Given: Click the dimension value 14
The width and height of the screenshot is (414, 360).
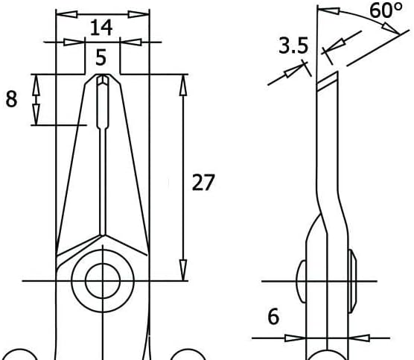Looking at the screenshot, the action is click(x=101, y=28).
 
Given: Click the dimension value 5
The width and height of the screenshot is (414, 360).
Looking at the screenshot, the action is click(x=101, y=57).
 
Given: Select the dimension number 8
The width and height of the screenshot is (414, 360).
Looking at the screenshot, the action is click(x=11, y=99).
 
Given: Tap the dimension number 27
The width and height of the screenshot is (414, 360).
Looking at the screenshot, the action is click(x=203, y=183).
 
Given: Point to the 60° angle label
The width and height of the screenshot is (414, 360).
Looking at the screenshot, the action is click(x=386, y=10).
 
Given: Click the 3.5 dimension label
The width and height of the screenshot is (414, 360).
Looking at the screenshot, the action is click(x=293, y=45).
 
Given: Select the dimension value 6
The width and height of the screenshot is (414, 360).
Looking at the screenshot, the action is click(x=273, y=316).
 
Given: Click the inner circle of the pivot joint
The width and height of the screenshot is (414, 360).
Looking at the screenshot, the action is click(x=103, y=281).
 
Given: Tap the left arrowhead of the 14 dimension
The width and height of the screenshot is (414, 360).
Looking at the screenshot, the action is click(x=67, y=14).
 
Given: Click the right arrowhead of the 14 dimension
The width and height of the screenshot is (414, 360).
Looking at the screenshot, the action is click(x=138, y=14).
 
